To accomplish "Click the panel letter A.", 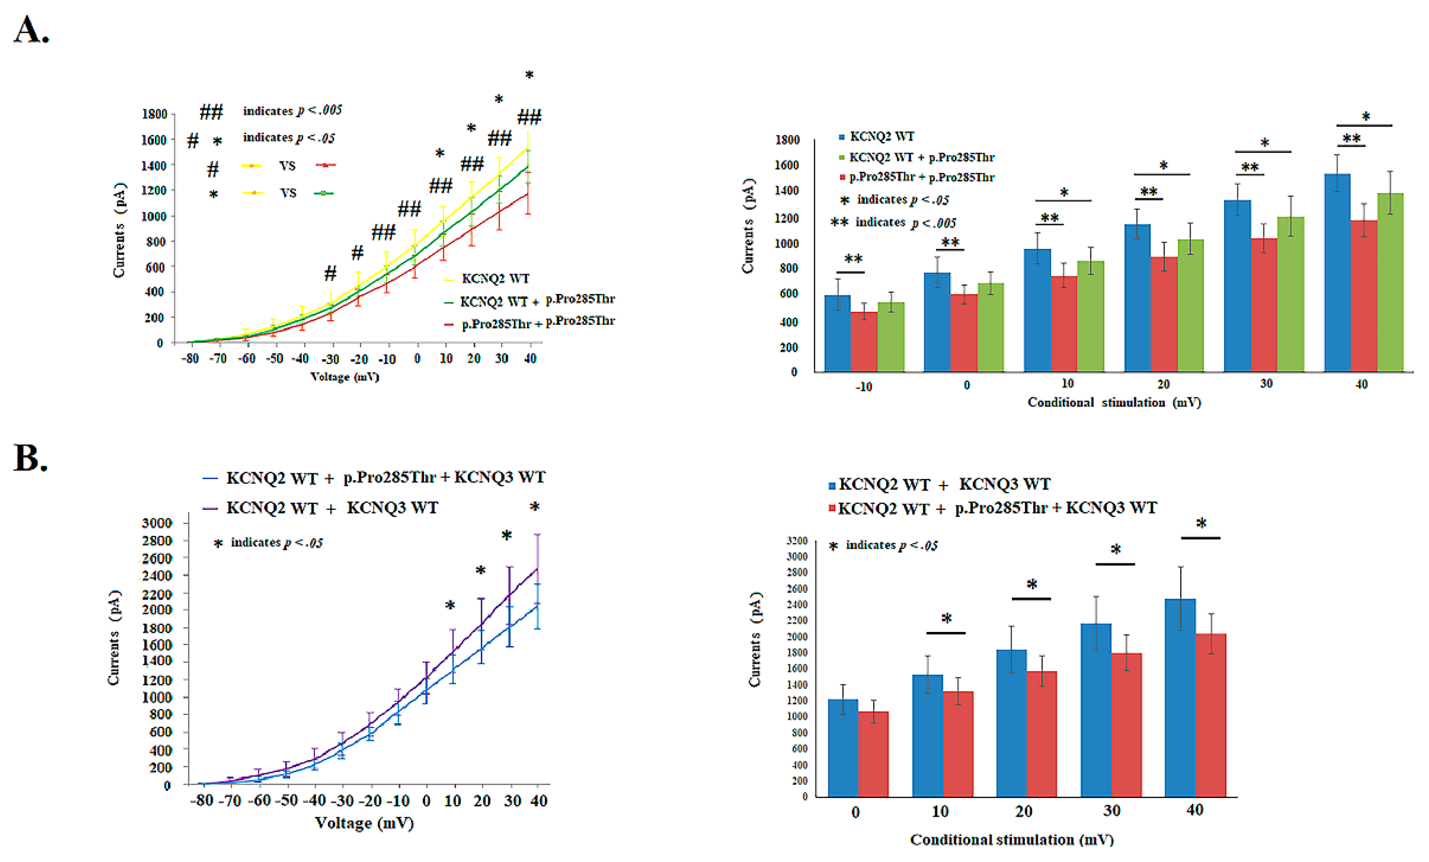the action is pos(31,30).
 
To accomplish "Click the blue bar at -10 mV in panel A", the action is pos(838,333).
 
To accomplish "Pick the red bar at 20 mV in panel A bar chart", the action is pos(1163,314).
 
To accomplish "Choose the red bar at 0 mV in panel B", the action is pos(873,754).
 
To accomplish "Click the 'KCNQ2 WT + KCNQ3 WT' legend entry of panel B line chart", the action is pos(320,508).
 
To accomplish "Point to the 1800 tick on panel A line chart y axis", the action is pos(154,114).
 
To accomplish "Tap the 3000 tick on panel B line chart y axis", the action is pos(157,523).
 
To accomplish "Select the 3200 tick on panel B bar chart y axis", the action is pos(797,541).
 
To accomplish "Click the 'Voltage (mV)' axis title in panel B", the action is pos(364,823).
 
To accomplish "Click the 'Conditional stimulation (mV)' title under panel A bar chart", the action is pos(1114,403).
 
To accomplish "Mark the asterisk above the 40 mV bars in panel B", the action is pos(1201,523).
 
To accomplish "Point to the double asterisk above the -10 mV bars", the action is pos(853,259).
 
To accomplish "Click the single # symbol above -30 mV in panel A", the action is pos(330,273).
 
